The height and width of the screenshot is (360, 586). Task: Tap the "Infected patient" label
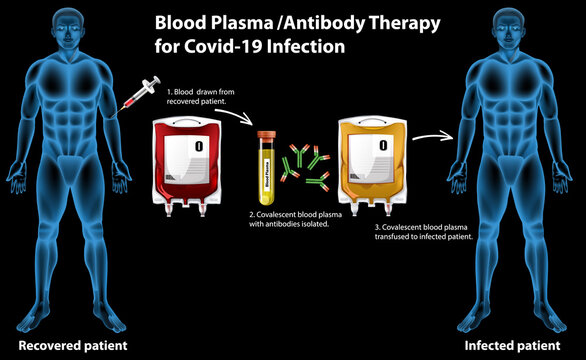(x=512, y=345)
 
